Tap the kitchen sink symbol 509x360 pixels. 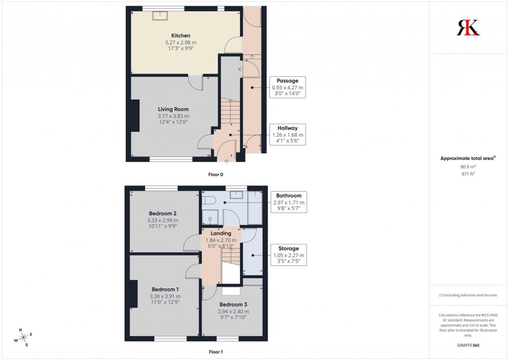pyautogui.click(x=158, y=15)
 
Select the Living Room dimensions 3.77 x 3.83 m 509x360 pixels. pyautogui.click(x=173, y=116)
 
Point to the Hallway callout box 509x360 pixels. pyautogui.click(x=287, y=135)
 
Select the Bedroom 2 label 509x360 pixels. pyautogui.click(x=163, y=214)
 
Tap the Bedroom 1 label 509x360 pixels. pyautogui.click(x=165, y=289)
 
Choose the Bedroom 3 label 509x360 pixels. pyautogui.click(x=232, y=304)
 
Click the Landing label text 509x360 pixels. pyautogui.click(x=221, y=234)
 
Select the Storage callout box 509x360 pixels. pyautogui.click(x=289, y=255)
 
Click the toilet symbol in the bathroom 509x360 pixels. pyautogui.click(x=209, y=200)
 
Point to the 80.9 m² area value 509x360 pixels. pyautogui.click(x=468, y=167)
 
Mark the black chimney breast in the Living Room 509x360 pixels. pyautogui.click(x=135, y=117)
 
